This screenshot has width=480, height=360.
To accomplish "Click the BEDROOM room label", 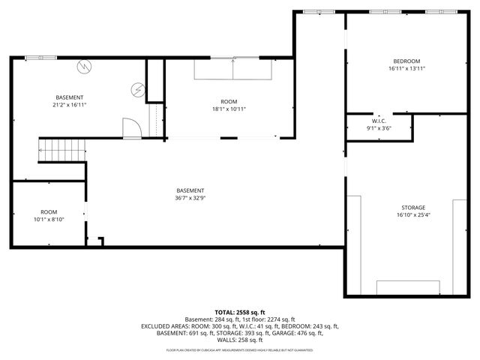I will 406,61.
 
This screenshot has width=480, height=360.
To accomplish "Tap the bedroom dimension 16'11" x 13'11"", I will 406,69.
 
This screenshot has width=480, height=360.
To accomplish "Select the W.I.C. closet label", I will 379,121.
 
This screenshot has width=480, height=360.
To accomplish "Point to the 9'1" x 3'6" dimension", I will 379,128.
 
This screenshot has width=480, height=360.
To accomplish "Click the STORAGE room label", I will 412,208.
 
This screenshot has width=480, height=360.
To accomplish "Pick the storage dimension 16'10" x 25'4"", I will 412,215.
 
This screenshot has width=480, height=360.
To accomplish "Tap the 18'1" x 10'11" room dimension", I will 228,109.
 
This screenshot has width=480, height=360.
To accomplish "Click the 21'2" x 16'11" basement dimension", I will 69,105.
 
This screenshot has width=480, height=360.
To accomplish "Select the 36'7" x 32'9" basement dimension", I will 190,198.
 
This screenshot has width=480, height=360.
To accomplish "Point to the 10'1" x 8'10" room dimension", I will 49,220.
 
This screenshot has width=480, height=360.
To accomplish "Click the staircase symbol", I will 62,151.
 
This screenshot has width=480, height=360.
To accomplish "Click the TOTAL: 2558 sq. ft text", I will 239,312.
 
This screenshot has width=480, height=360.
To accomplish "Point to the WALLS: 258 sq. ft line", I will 239,340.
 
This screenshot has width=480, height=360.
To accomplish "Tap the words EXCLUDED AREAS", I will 164,326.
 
